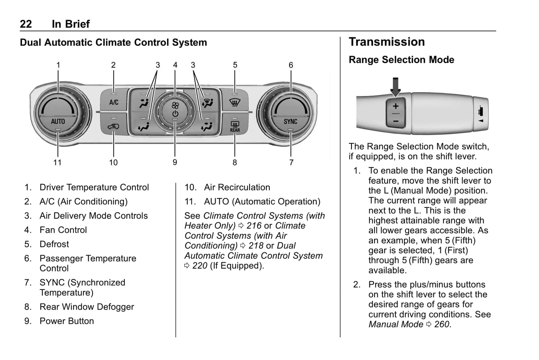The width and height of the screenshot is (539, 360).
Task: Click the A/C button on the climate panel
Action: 114,102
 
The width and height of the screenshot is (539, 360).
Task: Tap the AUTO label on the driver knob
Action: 58,121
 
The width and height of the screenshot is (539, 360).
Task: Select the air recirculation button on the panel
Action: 113,127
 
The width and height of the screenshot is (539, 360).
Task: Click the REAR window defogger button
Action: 235,127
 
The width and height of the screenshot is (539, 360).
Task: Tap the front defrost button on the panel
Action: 235,102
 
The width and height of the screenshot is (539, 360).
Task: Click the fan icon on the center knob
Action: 175,106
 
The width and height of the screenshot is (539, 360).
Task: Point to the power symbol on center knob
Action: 175,114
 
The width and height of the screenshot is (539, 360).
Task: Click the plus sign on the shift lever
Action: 395,106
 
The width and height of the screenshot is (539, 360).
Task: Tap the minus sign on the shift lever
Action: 395,121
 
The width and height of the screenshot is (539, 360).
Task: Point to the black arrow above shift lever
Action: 395,86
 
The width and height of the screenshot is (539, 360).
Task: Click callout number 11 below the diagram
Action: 57,162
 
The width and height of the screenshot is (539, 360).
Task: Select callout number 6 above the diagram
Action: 291,65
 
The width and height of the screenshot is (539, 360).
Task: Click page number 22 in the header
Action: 26,24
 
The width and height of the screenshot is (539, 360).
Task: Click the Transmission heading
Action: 386,42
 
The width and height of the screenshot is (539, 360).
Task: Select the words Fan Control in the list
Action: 63,230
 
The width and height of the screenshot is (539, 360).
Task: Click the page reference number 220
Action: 200,266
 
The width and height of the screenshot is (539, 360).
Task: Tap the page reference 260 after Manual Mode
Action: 442,324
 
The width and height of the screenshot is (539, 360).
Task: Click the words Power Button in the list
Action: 66,321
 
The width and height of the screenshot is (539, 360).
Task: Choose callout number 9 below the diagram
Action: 175,162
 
